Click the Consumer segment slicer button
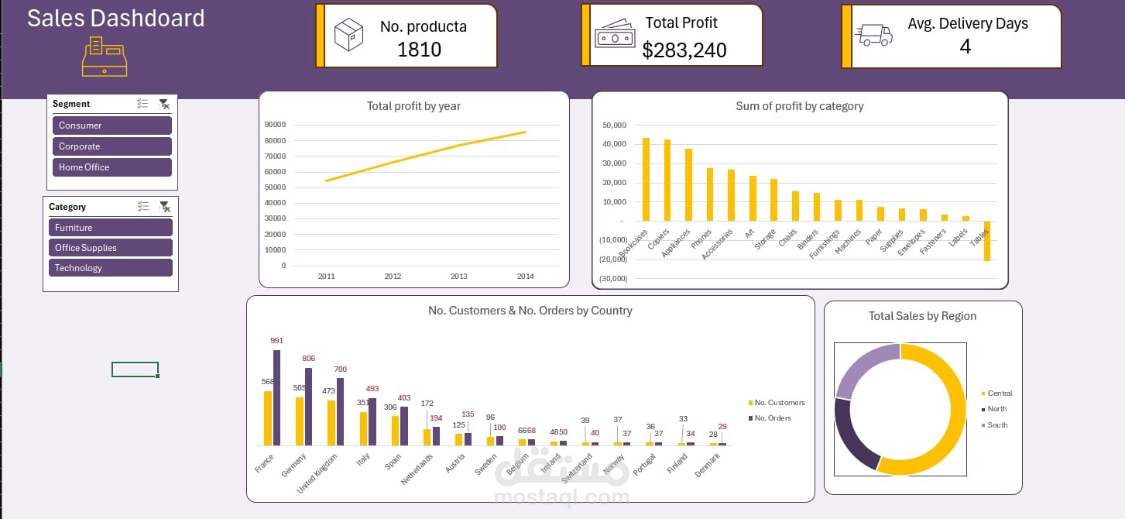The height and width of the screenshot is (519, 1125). [x=112, y=125]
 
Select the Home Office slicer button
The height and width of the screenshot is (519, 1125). [x=112, y=167]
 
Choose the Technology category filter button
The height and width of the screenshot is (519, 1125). [x=108, y=268]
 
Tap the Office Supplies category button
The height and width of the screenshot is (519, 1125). [x=108, y=248]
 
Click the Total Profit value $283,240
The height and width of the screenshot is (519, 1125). [x=684, y=51]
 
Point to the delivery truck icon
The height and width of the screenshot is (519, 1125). [x=873, y=35]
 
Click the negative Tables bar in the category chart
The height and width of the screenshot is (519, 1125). [x=987, y=241]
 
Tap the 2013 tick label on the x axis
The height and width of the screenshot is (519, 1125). [x=459, y=277]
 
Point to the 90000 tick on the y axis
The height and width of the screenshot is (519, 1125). [x=275, y=125]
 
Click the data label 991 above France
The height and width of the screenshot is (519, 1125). [x=277, y=341]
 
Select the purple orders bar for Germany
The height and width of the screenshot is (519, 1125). [x=308, y=407]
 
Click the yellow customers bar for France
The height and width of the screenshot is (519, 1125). [x=268, y=418]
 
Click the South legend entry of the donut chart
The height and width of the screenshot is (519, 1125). [x=996, y=425]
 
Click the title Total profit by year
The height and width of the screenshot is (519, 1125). [x=413, y=106]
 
